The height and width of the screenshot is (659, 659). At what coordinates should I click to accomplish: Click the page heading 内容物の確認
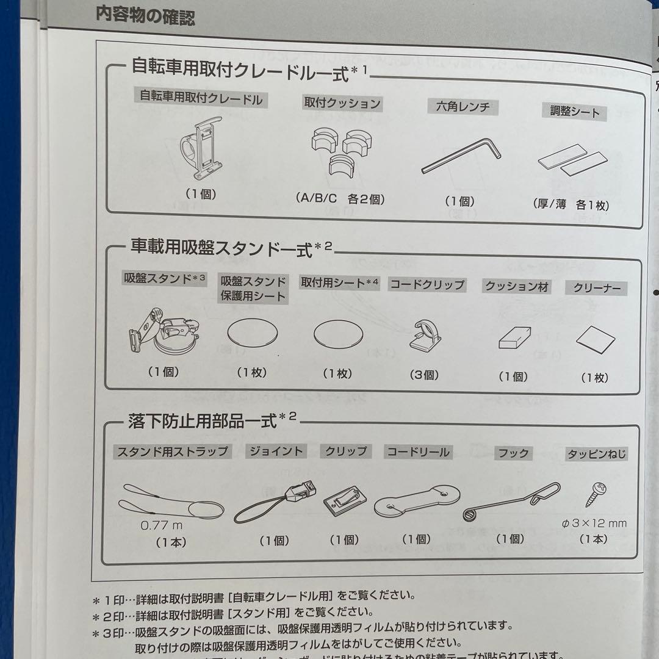click(145, 15)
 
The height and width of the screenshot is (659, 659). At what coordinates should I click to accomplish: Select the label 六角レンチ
click(463, 107)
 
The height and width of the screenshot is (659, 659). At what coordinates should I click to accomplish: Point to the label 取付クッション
click(342, 103)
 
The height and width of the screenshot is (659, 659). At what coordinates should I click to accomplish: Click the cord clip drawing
click(425, 336)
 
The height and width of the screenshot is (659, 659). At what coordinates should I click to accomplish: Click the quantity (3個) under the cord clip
click(425, 375)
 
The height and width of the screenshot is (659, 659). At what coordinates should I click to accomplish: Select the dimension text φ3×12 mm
click(594, 523)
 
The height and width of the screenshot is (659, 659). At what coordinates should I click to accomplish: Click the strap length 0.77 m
click(161, 524)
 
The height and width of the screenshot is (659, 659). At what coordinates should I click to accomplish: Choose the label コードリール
click(418, 452)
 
